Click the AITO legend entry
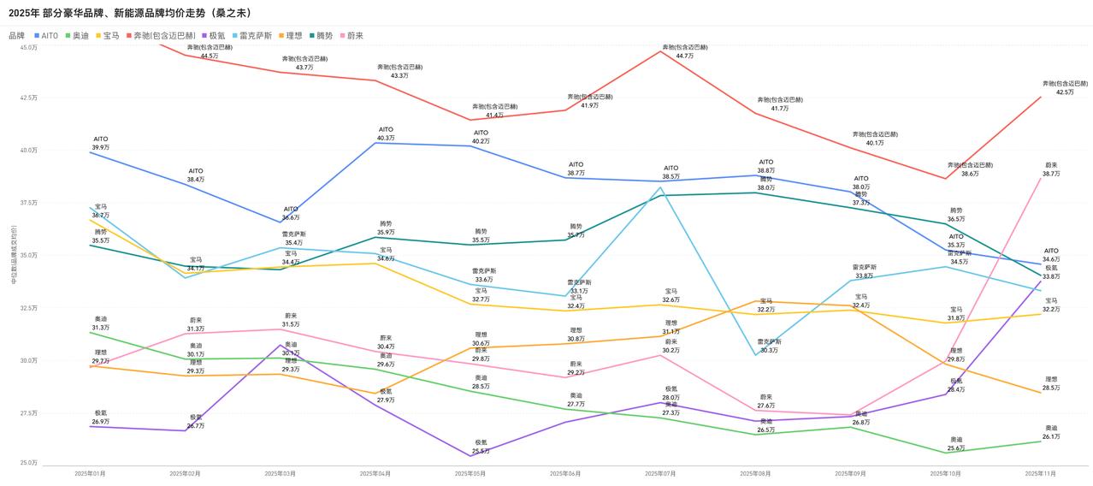click(x=49, y=35)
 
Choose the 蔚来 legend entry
click(x=355, y=35)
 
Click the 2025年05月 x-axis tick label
click(x=470, y=473)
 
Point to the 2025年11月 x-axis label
click(x=1040, y=473)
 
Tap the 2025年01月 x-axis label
click(x=90, y=473)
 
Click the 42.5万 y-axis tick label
click(x=29, y=98)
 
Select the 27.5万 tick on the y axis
click(x=29, y=413)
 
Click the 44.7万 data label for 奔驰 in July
click(x=684, y=56)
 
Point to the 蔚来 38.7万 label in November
click(x=1051, y=174)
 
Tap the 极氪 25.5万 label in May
click(x=482, y=451)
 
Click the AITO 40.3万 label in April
click(x=386, y=138)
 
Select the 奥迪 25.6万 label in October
click(x=956, y=448)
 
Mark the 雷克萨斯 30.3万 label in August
click(x=767, y=350)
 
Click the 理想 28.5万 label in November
click(x=1051, y=388)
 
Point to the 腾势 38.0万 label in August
click(x=766, y=187)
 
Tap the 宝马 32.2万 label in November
click(x=1051, y=309)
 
